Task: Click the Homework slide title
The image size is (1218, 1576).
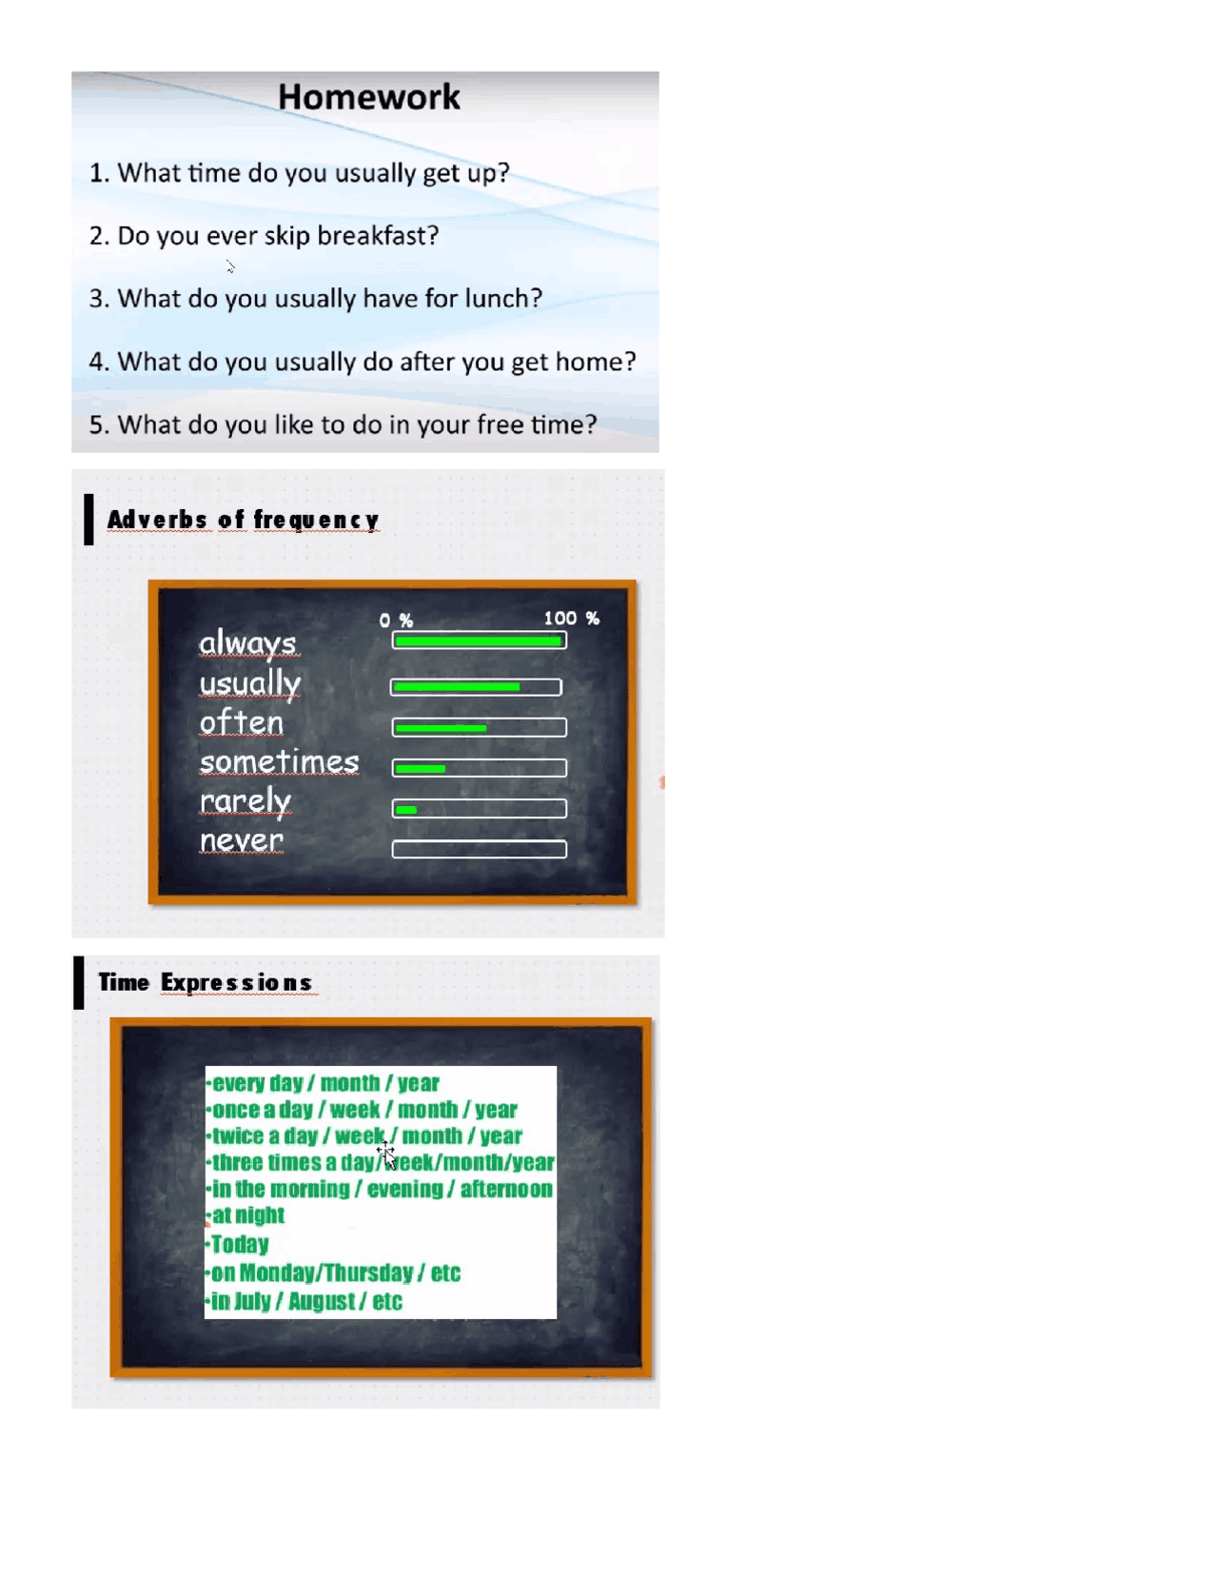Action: coord(369,96)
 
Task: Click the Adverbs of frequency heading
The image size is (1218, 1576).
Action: coord(243,520)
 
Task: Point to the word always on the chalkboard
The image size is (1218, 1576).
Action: coord(248,643)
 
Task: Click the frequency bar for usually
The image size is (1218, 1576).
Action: coord(476,687)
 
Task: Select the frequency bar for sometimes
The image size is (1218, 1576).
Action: coord(480,767)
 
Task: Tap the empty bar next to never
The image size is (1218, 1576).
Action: coord(480,849)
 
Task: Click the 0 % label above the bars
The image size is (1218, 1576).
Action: coord(396,621)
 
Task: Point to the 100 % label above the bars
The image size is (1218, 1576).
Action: coord(571,618)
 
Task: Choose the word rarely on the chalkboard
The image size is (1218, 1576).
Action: coord(246,801)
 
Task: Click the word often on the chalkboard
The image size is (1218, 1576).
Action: coord(242,722)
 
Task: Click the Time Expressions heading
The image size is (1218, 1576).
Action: coord(206,982)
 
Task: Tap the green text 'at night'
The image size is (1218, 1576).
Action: coord(248,1214)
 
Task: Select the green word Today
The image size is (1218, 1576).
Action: coord(240,1244)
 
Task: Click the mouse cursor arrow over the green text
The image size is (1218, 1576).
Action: coord(388,1157)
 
